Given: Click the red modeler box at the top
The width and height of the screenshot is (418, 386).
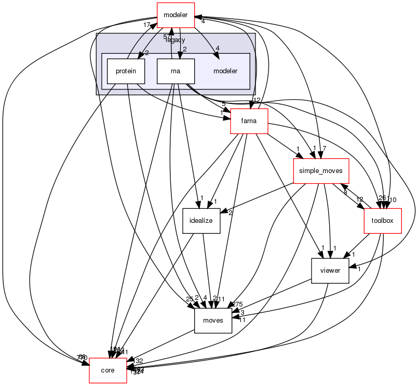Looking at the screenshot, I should click(x=176, y=15).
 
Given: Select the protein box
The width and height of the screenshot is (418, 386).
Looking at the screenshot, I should click(x=125, y=71).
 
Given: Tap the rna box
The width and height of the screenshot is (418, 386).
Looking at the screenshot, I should click(x=176, y=71).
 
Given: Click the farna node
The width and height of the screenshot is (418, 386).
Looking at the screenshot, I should click(x=249, y=122).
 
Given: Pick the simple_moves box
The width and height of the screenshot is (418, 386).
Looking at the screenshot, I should click(x=321, y=170).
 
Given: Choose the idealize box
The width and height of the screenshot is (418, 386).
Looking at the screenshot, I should click(x=201, y=220).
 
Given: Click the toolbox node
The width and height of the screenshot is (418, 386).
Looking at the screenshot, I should click(x=383, y=220).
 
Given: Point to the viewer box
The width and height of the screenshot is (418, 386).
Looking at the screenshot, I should click(x=329, y=270).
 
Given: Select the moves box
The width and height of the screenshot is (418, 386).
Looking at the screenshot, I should click(x=212, y=320).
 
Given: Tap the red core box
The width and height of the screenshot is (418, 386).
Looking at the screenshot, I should click(x=108, y=370).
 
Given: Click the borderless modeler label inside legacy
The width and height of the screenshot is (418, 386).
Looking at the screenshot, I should click(x=225, y=71).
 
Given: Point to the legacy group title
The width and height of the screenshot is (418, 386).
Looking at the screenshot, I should click(x=176, y=40).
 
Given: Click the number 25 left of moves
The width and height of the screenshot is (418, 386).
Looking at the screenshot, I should click(x=190, y=299).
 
